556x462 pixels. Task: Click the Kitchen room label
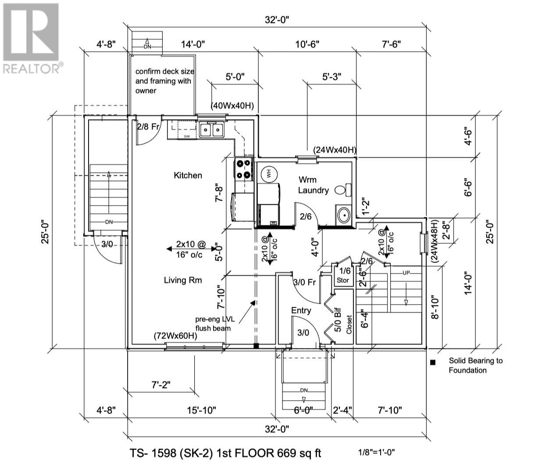(x=188, y=175)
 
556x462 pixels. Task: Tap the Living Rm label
(x=183, y=280)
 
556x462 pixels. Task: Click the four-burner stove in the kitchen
(x=244, y=169)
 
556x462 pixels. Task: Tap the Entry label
(x=301, y=310)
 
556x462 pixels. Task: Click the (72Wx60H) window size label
(x=175, y=336)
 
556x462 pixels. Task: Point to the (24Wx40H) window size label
(x=334, y=150)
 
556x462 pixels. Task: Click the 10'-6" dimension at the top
(x=307, y=44)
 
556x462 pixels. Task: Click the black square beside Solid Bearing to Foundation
(x=433, y=362)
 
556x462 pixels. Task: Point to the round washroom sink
(x=343, y=215)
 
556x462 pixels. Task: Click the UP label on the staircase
(x=406, y=273)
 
